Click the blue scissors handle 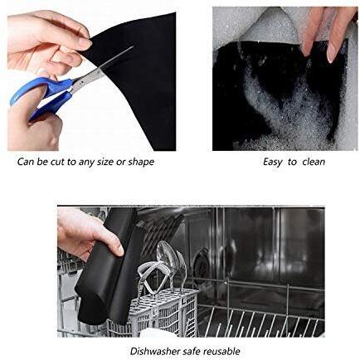pos(41,93)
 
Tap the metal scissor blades pos(101,68)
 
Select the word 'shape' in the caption pos(141,162)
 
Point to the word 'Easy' pos(273,162)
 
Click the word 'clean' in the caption pos(314,162)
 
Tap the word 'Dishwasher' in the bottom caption pos(155,352)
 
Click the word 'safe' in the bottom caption pos(192,352)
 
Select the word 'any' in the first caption pos(86,163)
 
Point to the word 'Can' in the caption pos(26,162)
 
